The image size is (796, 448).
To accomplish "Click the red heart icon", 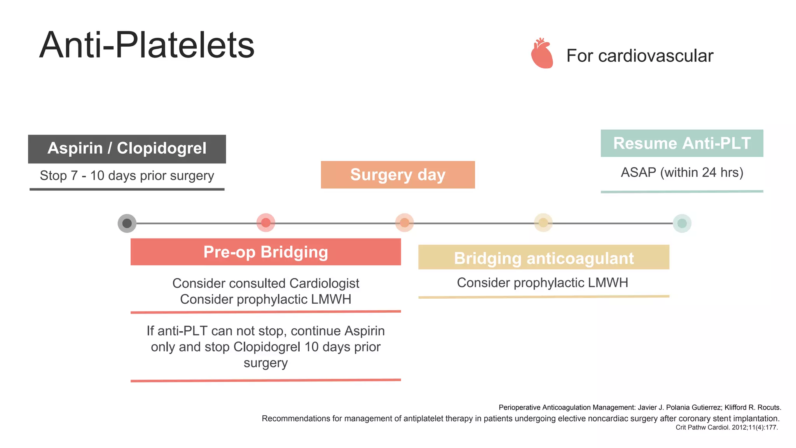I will (542, 54).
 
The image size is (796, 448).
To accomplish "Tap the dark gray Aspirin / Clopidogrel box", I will (127, 149).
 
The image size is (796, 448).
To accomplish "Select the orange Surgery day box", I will (398, 175).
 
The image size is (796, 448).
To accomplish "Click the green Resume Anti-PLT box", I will (682, 143).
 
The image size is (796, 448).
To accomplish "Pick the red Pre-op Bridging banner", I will (265, 252).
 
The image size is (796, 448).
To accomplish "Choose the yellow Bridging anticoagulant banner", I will (543, 257).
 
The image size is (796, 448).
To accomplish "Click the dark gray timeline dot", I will (127, 223).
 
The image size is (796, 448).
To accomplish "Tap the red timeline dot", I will (266, 223).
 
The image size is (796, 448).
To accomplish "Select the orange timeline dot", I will (405, 223).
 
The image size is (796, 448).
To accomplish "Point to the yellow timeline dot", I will (543, 223).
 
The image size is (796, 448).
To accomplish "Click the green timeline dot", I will (682, 223).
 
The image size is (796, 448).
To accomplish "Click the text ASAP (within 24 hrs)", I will (682, 172).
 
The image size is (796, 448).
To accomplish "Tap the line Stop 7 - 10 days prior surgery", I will (127, 176).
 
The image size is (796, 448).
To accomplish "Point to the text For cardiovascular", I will (639, 56).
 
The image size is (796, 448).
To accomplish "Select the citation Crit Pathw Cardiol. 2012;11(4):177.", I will (726, 427).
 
